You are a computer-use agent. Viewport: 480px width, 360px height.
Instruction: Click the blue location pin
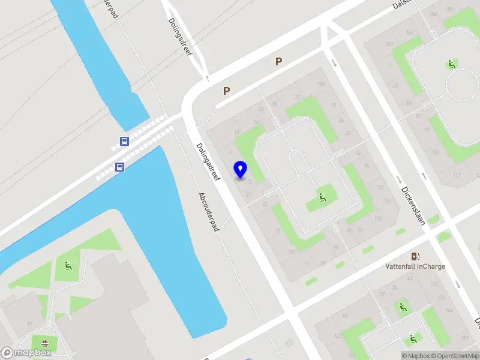coord(241,170)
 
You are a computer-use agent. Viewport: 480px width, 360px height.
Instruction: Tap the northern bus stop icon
coord(124,142)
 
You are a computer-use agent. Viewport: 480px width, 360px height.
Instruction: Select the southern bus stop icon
coord(120,167)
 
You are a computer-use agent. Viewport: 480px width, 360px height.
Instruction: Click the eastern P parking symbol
coord(278,61)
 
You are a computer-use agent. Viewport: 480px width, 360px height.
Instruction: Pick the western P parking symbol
coord(227,91)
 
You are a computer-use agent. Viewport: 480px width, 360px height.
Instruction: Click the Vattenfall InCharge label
coord(415,266)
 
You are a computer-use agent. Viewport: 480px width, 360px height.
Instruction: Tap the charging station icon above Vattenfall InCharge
coord(415,256)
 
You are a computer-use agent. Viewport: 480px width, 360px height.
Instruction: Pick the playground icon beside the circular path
coord(451,64)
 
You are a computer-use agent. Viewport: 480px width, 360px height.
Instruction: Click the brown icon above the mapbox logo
coord(44,344)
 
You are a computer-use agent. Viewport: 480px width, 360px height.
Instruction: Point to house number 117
coord(457,175)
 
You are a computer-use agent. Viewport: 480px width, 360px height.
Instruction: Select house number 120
coord(389,44)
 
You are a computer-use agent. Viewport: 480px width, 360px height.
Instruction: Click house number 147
coord(410,32)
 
